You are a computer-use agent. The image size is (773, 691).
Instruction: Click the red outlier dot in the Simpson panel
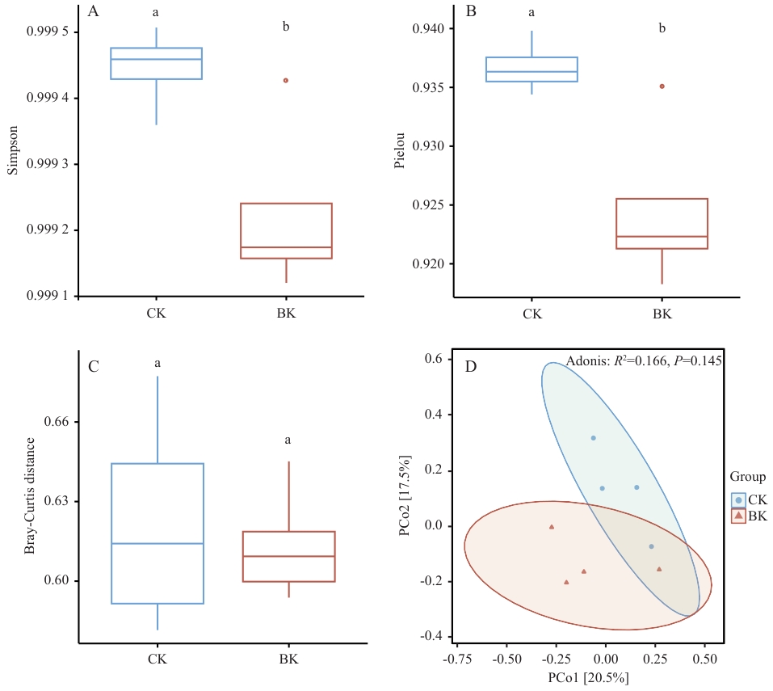(286, 81)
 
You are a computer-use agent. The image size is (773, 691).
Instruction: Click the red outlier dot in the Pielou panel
(662, 86)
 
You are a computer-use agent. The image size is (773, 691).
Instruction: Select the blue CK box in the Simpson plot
(156, 64)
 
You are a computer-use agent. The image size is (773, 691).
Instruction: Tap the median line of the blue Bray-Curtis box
(158, 544)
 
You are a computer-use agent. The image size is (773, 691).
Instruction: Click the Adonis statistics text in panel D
(644, 361)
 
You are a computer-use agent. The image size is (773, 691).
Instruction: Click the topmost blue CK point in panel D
(593, 438)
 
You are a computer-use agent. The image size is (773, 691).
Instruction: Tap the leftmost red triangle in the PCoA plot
(552, 527)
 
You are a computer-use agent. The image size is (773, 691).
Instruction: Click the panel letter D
(471, 366)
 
